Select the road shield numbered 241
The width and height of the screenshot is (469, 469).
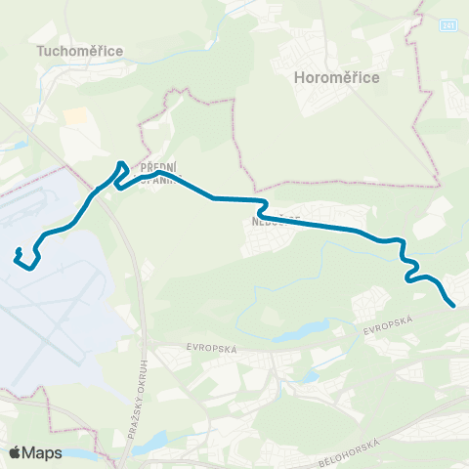click(x=447, y=24)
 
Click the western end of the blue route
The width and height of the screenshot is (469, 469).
click(x=18, y=256)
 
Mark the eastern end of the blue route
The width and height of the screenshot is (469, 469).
click(x=454, y=306)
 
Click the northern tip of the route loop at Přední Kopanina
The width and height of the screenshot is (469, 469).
click(x=121, y=163)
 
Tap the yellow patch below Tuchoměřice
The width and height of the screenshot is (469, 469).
click(x=74, y=116)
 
